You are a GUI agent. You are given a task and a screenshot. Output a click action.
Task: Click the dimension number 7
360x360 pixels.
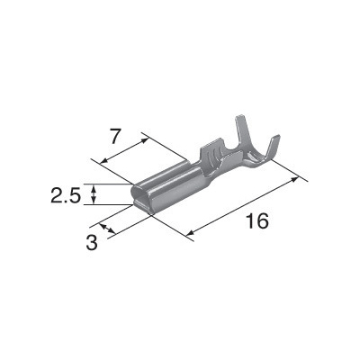[115, 137]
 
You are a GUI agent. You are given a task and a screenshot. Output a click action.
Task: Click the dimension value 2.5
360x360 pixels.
[66, 195]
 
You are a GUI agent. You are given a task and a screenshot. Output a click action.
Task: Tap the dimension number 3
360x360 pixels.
[92, 242]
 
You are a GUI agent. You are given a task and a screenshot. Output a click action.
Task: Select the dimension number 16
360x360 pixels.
[257, 221]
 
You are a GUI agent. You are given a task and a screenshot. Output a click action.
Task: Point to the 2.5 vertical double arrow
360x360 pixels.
[94, 194]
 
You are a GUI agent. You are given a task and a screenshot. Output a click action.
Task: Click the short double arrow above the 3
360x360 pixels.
[107, 229]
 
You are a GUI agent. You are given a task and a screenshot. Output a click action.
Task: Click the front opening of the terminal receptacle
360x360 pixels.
[141, 196]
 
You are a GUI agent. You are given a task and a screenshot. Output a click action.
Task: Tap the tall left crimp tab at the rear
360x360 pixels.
[241, 132]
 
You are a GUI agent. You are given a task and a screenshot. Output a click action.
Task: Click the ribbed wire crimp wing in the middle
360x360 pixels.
[212, 153]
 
